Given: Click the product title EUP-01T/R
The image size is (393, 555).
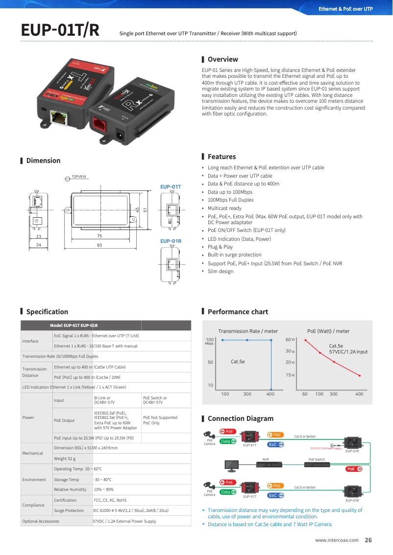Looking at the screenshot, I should point(60,30).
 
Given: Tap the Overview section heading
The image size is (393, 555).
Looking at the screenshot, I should point(222,59).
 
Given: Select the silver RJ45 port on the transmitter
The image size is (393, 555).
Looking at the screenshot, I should point(60,117).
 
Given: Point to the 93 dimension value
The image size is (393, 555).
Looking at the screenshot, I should point(99,245).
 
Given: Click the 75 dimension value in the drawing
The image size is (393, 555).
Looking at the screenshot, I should point(99,236).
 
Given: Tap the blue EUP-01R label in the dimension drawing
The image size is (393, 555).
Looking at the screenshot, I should point(171,241).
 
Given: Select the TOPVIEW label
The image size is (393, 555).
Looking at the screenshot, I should point(79,176).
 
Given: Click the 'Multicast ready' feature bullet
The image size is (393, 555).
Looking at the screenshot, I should point(224,208).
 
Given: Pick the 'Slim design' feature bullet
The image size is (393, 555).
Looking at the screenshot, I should point(221,271).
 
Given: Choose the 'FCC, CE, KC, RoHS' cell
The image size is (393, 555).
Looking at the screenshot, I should point(108,500).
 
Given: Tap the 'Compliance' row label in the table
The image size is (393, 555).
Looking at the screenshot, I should point(33,505).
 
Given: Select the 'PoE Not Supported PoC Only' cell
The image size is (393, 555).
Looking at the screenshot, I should point(160,420).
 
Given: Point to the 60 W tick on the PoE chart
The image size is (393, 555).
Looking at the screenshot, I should point(290,340).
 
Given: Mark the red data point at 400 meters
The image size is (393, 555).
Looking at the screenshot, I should point(360,376).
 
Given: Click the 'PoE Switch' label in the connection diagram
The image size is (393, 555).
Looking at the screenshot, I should point(317,460).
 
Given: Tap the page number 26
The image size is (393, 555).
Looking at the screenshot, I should point(368,540).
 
